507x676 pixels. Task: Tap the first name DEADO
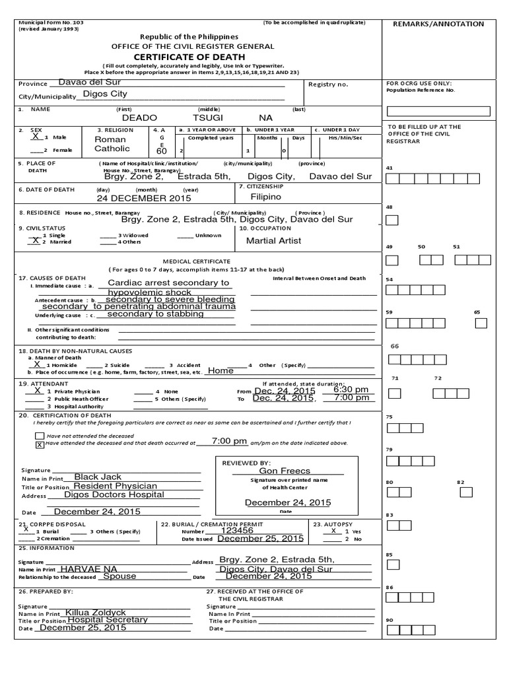(x=140, y=117)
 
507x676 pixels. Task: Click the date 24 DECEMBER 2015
(x=143, y=198)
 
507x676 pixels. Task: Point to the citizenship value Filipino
(x=265, y=197)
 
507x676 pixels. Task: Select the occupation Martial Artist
(x=273, y=241)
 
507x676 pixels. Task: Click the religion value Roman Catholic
(x=112, y=144)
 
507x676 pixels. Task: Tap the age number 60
(x=162, y=152)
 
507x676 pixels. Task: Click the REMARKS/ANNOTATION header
(x=438, y=24)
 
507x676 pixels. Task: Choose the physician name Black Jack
(x=98, y=477)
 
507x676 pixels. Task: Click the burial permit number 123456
(x=237, y=529)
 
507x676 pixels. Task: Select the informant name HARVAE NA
(x=88, y=568)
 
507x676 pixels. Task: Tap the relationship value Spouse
(x=119, y=576)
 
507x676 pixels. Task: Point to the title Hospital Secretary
(x=108, y=620)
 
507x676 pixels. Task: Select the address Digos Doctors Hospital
(x=114, y=494)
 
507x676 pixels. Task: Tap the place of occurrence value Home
(x=220, y=371)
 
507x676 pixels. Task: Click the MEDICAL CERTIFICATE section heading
(x=202, y=261)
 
